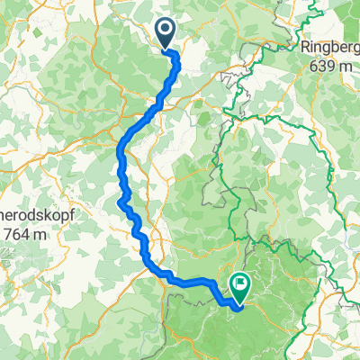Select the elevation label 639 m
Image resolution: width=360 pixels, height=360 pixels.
(x=330, y=67)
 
